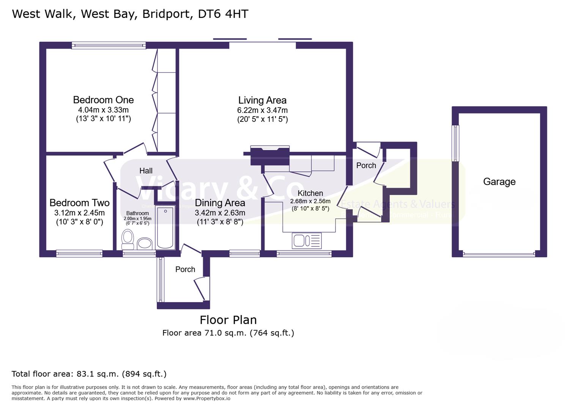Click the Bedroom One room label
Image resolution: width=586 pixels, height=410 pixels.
pyautogui.click(x=103, y=100)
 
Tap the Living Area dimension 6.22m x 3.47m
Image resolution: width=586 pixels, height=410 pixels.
pyautogui.click(x=262, y=110)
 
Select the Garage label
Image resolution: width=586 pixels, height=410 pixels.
pyautogui.click(x=499, y=182)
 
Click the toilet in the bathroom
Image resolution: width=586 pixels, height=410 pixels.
pyautogui.click(x=128, y=238)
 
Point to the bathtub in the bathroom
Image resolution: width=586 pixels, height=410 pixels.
pyautogui.click(x=165, y=227)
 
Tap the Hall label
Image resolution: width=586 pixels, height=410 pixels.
pyautogui.click(x=146, y=171)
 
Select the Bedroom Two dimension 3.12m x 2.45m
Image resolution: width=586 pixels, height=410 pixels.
pyautogui.click(x=79, y=213)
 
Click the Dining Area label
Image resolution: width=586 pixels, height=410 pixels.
pyautogui.click(x=220, y=203)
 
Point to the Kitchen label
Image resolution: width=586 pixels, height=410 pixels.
pyautogui.click(x=310, y=193)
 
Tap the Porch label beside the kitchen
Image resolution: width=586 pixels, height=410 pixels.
pyautogui.click(x=366, y=166)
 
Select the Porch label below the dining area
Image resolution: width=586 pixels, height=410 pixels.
pyautogui.click(x=185, y=270)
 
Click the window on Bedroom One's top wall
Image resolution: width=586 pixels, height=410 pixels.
pyautogui.click(x=109, y=46)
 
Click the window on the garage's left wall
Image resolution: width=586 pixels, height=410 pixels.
pyautogui.click(x=455, y=143)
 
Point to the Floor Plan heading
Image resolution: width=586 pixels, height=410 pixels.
pyautogui.click(x=228, y=320)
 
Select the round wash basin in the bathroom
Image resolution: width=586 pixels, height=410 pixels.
pyautogui.click(x=145, y=243)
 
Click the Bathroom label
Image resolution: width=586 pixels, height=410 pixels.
pyautogui.click(x=137, y=213)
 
